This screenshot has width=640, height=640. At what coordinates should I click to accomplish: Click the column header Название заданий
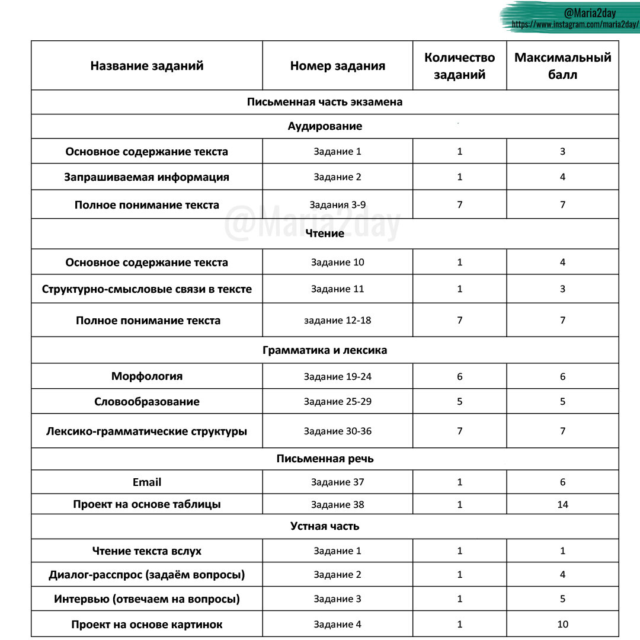click(x=146, y=66)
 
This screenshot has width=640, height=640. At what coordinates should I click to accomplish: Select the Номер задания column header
click(x=337, y=66)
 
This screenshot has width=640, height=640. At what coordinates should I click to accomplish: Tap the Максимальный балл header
click(x=562, y=66)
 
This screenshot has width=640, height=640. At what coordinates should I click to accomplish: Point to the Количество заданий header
click(x=459, y=66)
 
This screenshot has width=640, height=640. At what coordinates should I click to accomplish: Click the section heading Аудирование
click(x=325, y=126)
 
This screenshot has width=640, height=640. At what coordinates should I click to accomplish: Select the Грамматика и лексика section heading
click(x=325, y=350)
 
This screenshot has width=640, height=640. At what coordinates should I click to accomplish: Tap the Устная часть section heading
click(x=325, y=526)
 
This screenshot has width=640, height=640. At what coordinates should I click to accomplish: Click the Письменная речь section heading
click(x=325, y=459)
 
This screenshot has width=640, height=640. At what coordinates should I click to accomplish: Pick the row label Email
click(x=147, y=482)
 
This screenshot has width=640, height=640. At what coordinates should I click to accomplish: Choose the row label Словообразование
click(x=147, y=402)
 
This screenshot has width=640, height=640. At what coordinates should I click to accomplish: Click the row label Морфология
click(x=147, y=376)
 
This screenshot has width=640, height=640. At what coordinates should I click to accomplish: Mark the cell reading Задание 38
click(x=337, y=504)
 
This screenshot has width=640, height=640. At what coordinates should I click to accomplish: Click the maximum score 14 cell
click(x=562, y=504)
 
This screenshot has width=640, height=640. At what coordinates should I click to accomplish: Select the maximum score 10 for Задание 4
click(x=562, y=624)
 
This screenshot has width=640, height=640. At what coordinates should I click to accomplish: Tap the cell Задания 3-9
click(x=337, y=205)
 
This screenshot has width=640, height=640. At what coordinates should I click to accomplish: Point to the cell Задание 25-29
click(x=337, y=402)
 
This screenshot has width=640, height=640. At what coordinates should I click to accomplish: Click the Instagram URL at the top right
click(x=575, y=25)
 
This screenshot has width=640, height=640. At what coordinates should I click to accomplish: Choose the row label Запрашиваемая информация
click(x=147, y=177)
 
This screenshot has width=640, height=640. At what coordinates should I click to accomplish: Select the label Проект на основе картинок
click(x=147, y=625)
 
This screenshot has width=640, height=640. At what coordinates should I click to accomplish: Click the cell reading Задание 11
click(x=337, y=289)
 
